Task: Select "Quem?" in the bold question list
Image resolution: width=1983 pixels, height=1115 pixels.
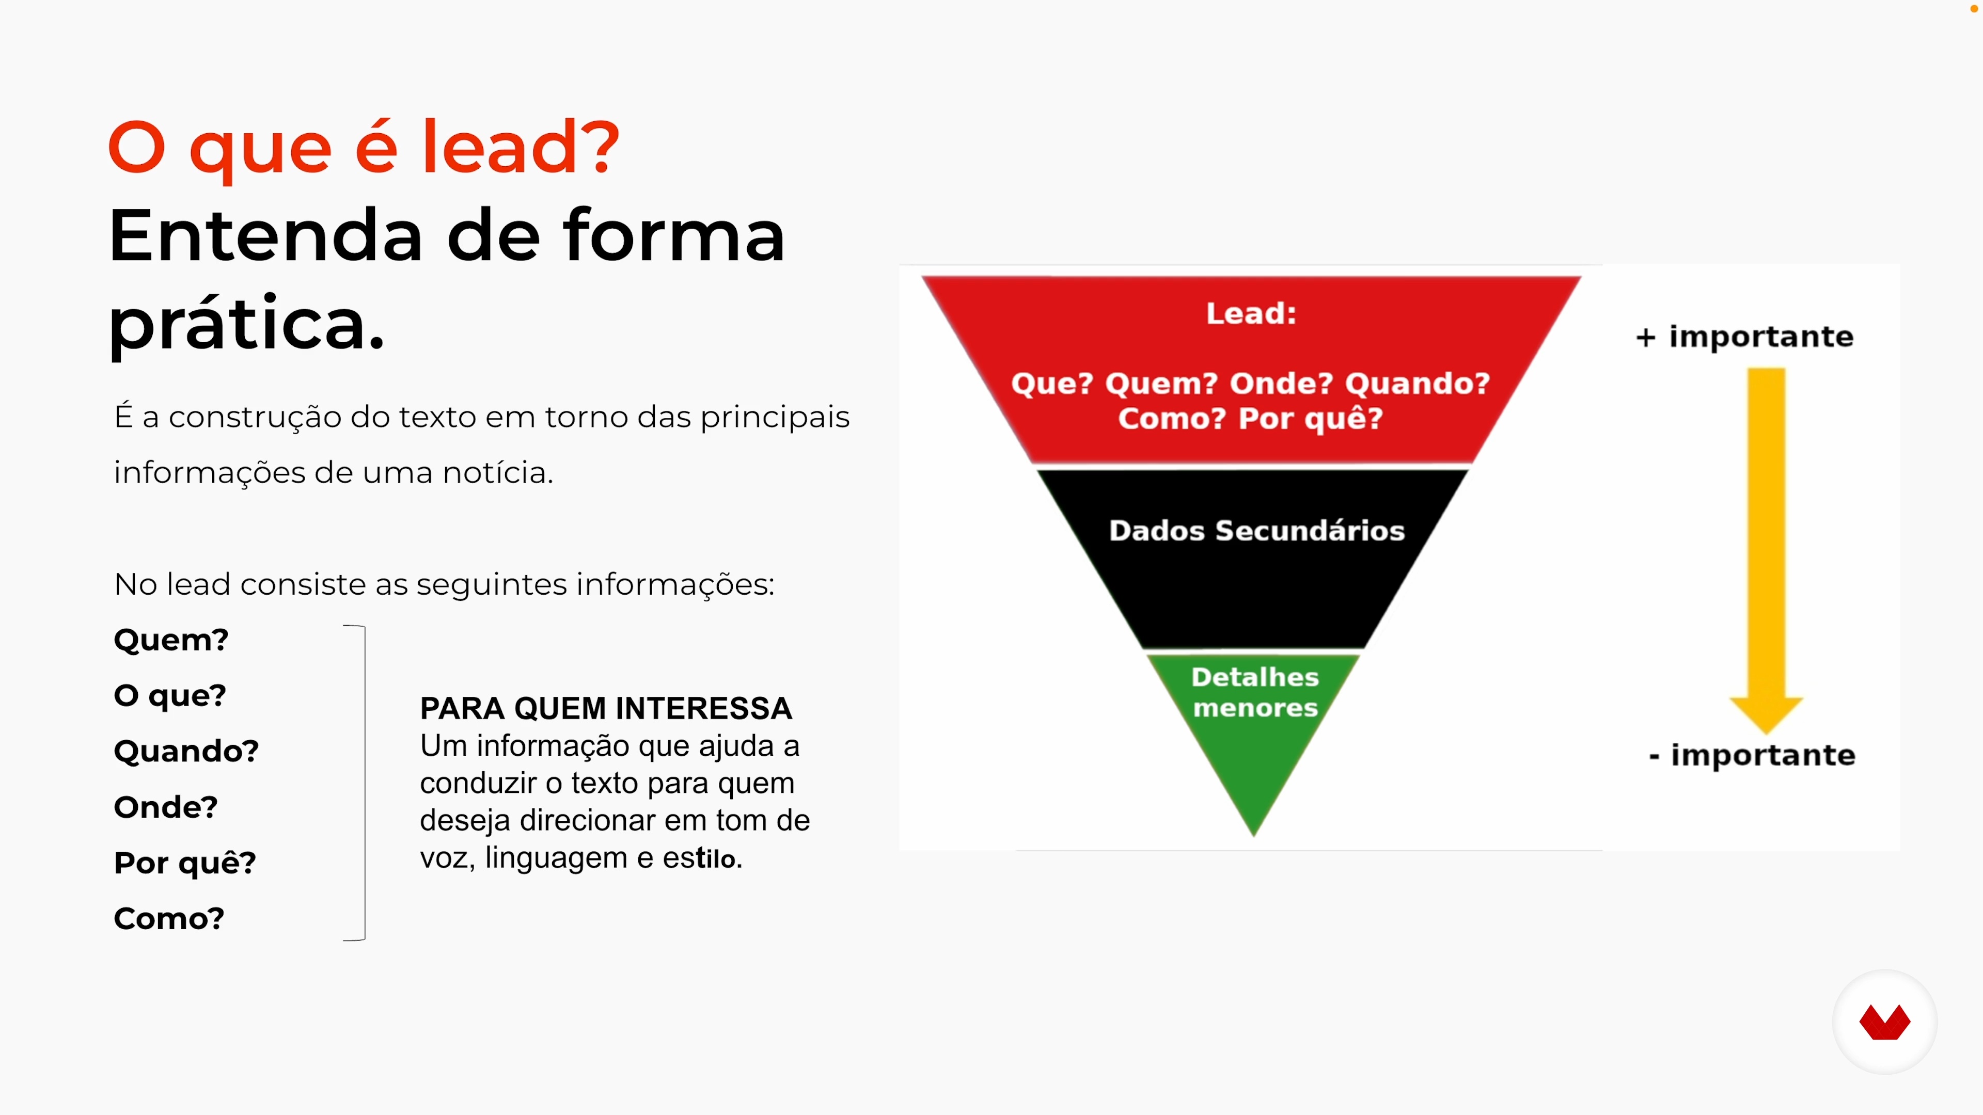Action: [x=171, y=640]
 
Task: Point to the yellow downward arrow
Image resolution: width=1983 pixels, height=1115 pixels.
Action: [x=1766, y=550]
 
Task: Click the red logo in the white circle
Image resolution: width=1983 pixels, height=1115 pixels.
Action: [x=1884, y=1022]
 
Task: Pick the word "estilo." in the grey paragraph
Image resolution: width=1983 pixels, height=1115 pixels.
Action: [x=703, y=858]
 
